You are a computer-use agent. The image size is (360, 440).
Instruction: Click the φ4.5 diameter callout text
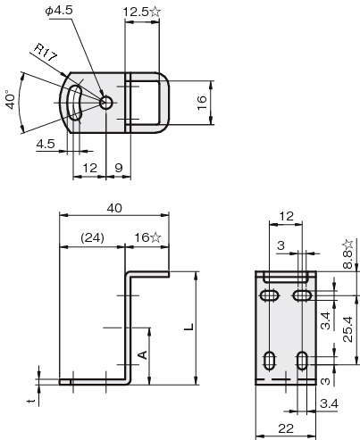(59, 11)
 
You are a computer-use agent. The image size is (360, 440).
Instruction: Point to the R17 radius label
(45, 53)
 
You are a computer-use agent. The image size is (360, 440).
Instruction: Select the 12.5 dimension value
(136, 12)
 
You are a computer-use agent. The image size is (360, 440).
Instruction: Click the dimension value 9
(119, 168)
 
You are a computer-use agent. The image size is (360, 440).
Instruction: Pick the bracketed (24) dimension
(92, 237)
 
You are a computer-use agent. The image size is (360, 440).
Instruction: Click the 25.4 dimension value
(347, 329)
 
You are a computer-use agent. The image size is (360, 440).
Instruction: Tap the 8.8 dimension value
(347, 259)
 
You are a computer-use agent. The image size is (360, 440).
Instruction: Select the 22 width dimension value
(286, 428)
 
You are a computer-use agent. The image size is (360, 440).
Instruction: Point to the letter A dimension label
(143, 354)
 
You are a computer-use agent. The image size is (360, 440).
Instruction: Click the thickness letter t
(31, 402)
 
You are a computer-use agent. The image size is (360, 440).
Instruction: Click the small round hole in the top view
(106, 103)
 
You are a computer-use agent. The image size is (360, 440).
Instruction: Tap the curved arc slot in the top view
(74, 103)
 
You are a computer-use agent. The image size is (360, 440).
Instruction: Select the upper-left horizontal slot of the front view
(270, 295)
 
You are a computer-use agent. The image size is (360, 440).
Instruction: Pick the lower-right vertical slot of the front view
(303, 361)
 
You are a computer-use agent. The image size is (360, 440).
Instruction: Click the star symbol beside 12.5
(155, 12)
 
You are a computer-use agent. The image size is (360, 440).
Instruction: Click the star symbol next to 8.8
(347, 244)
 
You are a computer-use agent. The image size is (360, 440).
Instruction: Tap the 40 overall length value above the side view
(114, 208)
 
